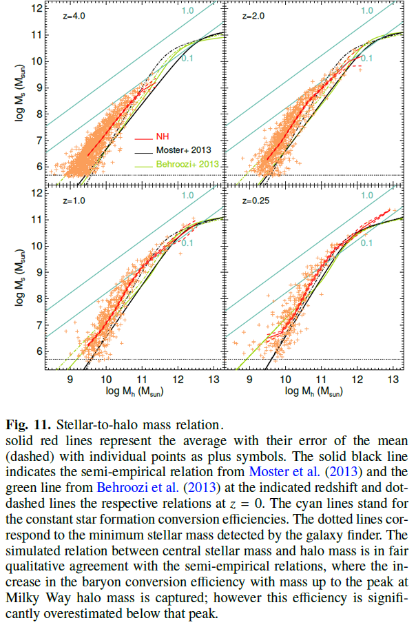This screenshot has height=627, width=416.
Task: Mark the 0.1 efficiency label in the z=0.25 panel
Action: pos(366,243)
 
